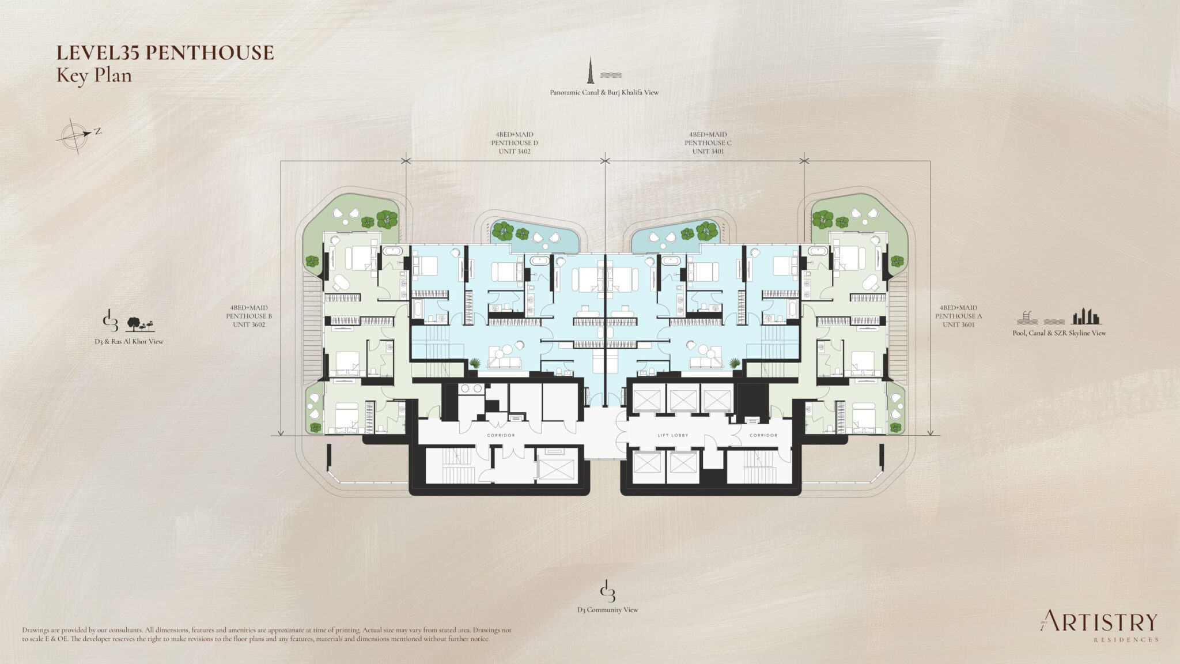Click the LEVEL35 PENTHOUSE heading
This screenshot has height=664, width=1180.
(x=165, y=53)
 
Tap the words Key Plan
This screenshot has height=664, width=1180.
(x=94, y=76)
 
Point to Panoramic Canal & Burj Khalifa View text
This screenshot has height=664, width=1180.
(x=604, y=92)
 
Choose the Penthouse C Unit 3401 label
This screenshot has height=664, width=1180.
(x=708, y=143)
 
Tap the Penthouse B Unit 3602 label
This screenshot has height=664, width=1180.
(x=249, y=316)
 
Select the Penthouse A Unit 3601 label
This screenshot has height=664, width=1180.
(x=959, y=316)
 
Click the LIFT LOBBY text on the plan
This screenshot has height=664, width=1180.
(x=673, y=435)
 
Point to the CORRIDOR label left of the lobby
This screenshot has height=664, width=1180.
(x=500, y=435)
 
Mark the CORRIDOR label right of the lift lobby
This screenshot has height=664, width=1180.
(x=763, y=435)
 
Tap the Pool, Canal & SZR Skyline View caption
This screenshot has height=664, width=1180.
(x=1059, y=333)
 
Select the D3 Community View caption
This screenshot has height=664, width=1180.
(x=607, y=610)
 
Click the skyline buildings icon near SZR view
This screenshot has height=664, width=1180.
(x=1086, y=317)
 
